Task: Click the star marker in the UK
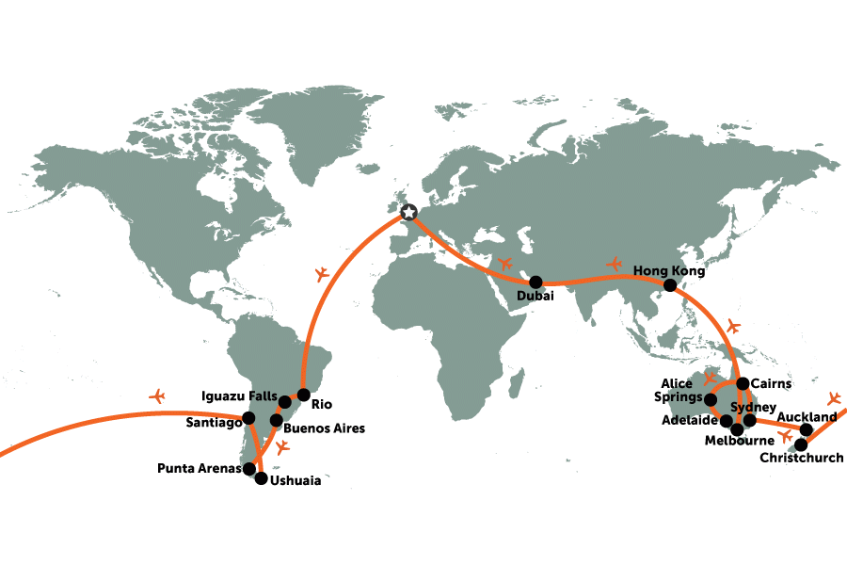click(x=408, y=213)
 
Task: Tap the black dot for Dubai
click(x=536, y=282)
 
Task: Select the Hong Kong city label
click(x=668, y=269)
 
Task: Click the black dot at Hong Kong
click(x=669, y=285)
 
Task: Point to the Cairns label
click(x=772, y=383)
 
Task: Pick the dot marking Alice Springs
click(x=711, y=399)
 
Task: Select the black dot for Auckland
click(x=807, y=429)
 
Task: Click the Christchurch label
click(x=803, y=459)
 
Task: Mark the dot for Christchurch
click(x=801, y=444)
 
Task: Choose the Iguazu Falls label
click(x=239, y=395)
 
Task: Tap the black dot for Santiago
click(x=248, y=418)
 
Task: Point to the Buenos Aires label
click(x=325, y=428)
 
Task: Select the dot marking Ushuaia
click(x=261, y=477)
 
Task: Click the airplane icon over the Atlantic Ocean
click(x=322, y=274)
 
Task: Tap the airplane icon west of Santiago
click(x=157, y=395)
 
